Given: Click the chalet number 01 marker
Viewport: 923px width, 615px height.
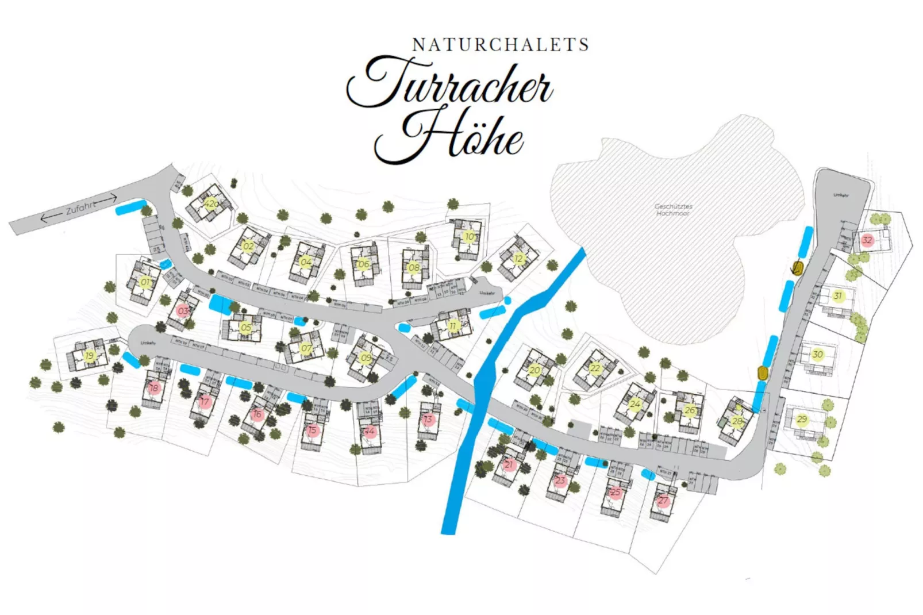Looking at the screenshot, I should (x=145, y=282).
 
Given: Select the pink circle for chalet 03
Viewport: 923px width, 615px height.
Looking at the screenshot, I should (x=183, y=311).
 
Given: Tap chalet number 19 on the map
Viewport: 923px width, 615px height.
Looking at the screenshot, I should (x=89, y=356).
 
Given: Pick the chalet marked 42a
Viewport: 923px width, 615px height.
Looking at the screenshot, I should (x=211, y=203).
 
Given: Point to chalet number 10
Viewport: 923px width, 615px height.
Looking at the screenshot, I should (x=470, y=236).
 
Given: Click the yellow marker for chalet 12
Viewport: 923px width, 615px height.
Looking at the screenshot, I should (x=518, y=259).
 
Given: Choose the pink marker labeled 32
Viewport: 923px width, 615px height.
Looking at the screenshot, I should (x=867, y=240).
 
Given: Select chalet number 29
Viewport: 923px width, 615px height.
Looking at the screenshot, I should (x=802, y=419).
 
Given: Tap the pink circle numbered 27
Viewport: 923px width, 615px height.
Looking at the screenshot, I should (x=663, y=501).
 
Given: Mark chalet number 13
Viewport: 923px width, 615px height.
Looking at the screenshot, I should (x=428, y=419).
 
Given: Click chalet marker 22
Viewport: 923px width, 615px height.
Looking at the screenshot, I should (x=595, y=368).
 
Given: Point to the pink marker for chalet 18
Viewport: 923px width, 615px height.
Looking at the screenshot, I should (x=153, y=388).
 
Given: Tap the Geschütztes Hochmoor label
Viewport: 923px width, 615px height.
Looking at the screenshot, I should (x=673, y=209).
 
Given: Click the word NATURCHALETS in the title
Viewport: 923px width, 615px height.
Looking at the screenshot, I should (x=501, y=45).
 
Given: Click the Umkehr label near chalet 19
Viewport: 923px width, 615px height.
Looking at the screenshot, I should (x=148, y=343).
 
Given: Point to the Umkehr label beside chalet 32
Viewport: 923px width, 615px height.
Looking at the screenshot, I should (x=840, y=195).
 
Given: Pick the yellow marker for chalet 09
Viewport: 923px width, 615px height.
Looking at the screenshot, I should (x=366, y=358).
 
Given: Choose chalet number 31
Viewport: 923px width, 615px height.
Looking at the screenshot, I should (x=838, y=296).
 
